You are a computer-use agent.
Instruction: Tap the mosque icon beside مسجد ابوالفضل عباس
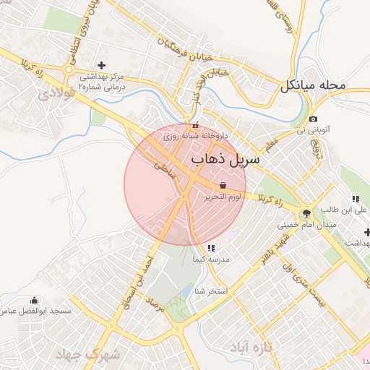34,300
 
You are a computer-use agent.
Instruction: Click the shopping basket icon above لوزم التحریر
222,186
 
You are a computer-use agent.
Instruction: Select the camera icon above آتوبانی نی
312,119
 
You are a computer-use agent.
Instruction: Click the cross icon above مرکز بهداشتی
100,65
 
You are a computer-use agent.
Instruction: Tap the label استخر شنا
211,291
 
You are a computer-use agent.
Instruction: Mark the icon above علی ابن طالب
355,199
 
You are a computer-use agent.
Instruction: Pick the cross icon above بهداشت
367,232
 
